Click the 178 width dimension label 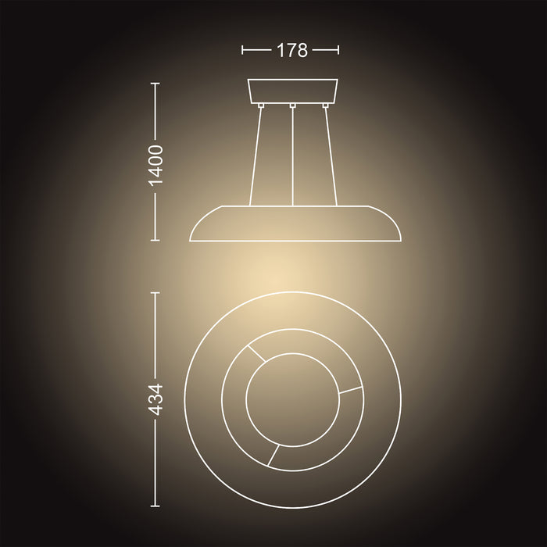click(x=291, y=50)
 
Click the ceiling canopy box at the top click(x=292, y=91)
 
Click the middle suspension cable click(x=291, y=156)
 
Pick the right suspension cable click(x=331, y=156)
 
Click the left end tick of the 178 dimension click(x=243, y=50)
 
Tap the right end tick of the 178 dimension click(x=339, y=50)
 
